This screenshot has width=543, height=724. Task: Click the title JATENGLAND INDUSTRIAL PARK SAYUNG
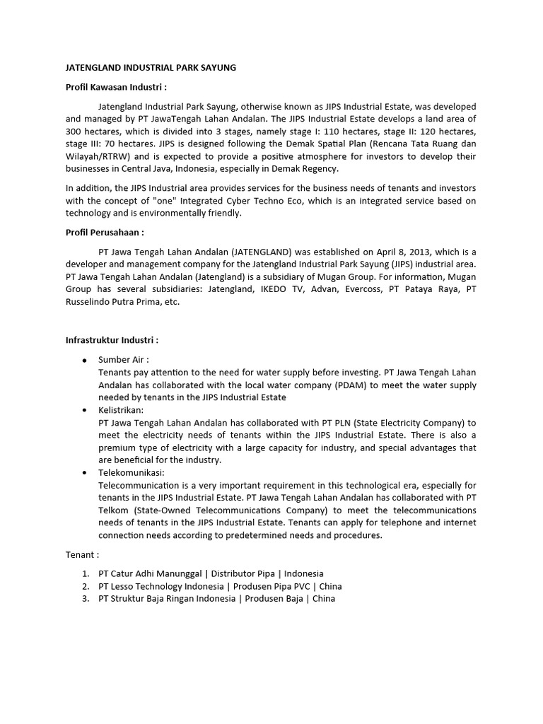pos(151,68)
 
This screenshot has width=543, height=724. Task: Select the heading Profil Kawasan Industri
pos(116,87)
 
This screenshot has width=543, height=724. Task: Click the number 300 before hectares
pos(75,132)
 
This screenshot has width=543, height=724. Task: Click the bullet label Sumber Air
pos(123,360)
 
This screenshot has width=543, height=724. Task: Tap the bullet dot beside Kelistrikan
pos(85,410)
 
